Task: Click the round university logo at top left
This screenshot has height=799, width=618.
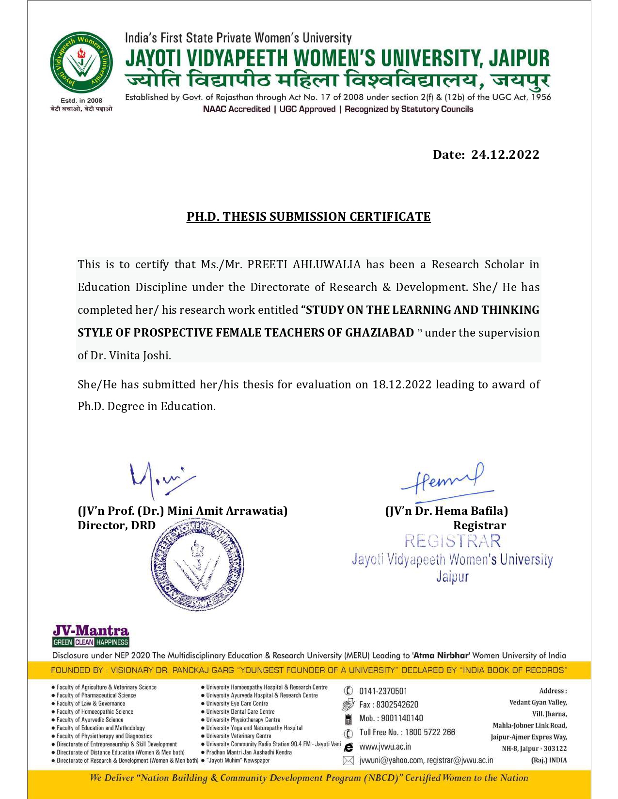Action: [81, 63]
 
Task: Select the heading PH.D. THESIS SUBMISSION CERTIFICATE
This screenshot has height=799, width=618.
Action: [308, 216]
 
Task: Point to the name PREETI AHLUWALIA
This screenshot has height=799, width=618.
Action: [304, 264]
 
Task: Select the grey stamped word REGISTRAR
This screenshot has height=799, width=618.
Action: [452, 541]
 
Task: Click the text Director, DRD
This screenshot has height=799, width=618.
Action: [116, 525]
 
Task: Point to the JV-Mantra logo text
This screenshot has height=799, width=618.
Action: [91, 630]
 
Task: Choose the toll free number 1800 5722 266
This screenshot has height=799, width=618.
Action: [430, 732]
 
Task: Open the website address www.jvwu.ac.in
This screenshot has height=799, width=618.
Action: [385, 747]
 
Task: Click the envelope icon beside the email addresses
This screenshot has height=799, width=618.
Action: [348, 761]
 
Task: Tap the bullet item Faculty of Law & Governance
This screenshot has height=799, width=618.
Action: [91, 704]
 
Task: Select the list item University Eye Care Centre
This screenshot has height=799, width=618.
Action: [237, 704]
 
